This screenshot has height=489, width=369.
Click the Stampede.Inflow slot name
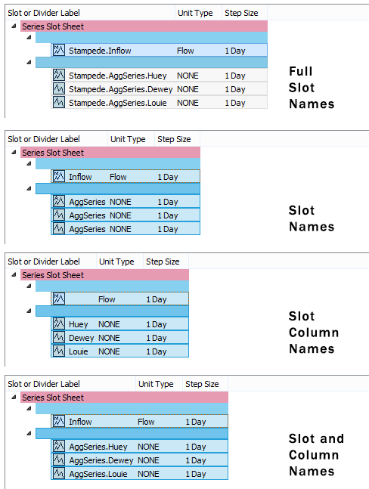100,51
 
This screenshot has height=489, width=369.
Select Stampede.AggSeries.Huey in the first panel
118,76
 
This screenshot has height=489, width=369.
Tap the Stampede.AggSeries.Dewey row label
120,89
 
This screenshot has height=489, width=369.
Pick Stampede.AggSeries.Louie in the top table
118,103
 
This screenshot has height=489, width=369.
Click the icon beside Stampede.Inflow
59,50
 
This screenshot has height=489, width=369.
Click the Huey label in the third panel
79,324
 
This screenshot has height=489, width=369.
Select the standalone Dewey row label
81,338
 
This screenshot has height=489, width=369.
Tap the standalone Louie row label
79,351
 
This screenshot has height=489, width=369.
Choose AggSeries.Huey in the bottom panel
98,447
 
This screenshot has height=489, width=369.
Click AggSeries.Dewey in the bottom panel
101,460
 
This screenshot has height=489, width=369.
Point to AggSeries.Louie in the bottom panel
98,474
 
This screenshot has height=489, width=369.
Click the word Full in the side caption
301,71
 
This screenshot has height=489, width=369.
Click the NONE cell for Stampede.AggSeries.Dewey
188,89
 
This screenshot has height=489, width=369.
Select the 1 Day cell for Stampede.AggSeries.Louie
235,103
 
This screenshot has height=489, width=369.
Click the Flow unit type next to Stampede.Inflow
185,51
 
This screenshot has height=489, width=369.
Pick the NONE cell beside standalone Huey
109,324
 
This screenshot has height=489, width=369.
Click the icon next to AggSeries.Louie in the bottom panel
59,473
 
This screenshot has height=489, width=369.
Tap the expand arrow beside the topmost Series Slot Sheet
14,26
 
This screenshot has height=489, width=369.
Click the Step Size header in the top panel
241,13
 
